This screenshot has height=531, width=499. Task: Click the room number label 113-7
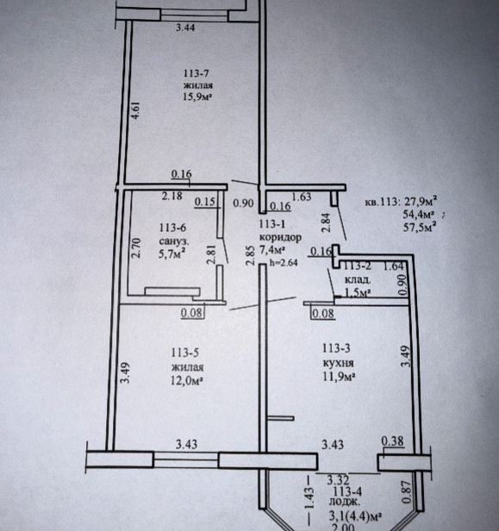196,73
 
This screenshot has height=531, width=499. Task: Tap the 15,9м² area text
197,97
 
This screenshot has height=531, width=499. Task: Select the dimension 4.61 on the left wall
135,110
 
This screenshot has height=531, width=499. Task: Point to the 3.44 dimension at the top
185,28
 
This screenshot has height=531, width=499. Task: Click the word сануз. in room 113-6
174,241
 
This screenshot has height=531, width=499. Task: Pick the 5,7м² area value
172,253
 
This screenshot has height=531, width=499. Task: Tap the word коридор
280,237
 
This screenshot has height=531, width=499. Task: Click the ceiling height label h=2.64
284,262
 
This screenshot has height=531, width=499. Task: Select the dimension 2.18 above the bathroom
172,196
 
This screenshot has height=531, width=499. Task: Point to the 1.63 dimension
302,197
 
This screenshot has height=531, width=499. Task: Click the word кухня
339,363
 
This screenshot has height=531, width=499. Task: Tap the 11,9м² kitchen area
339,376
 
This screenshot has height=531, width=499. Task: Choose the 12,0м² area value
187,381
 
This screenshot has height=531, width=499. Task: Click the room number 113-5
184,353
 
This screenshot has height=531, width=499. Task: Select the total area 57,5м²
419,226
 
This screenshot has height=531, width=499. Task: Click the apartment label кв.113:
381,203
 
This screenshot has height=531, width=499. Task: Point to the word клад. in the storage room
358,280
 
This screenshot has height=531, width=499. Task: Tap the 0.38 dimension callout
393,441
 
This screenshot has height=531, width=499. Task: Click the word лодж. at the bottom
342,502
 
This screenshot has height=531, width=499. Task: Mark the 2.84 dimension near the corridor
326,222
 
